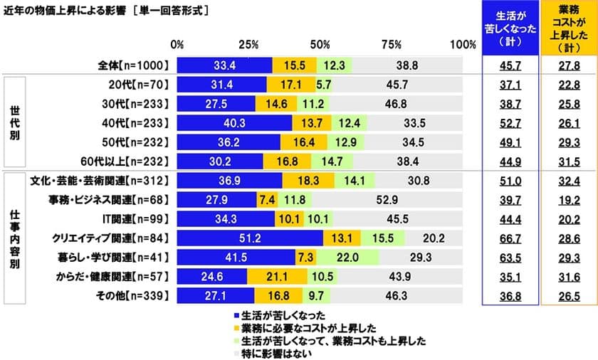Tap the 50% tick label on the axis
(320, 45)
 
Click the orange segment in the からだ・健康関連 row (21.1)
(277, 276)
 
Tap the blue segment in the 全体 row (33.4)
(224, 65)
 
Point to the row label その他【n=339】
(134, 295)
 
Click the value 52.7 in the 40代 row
(507, 123)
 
